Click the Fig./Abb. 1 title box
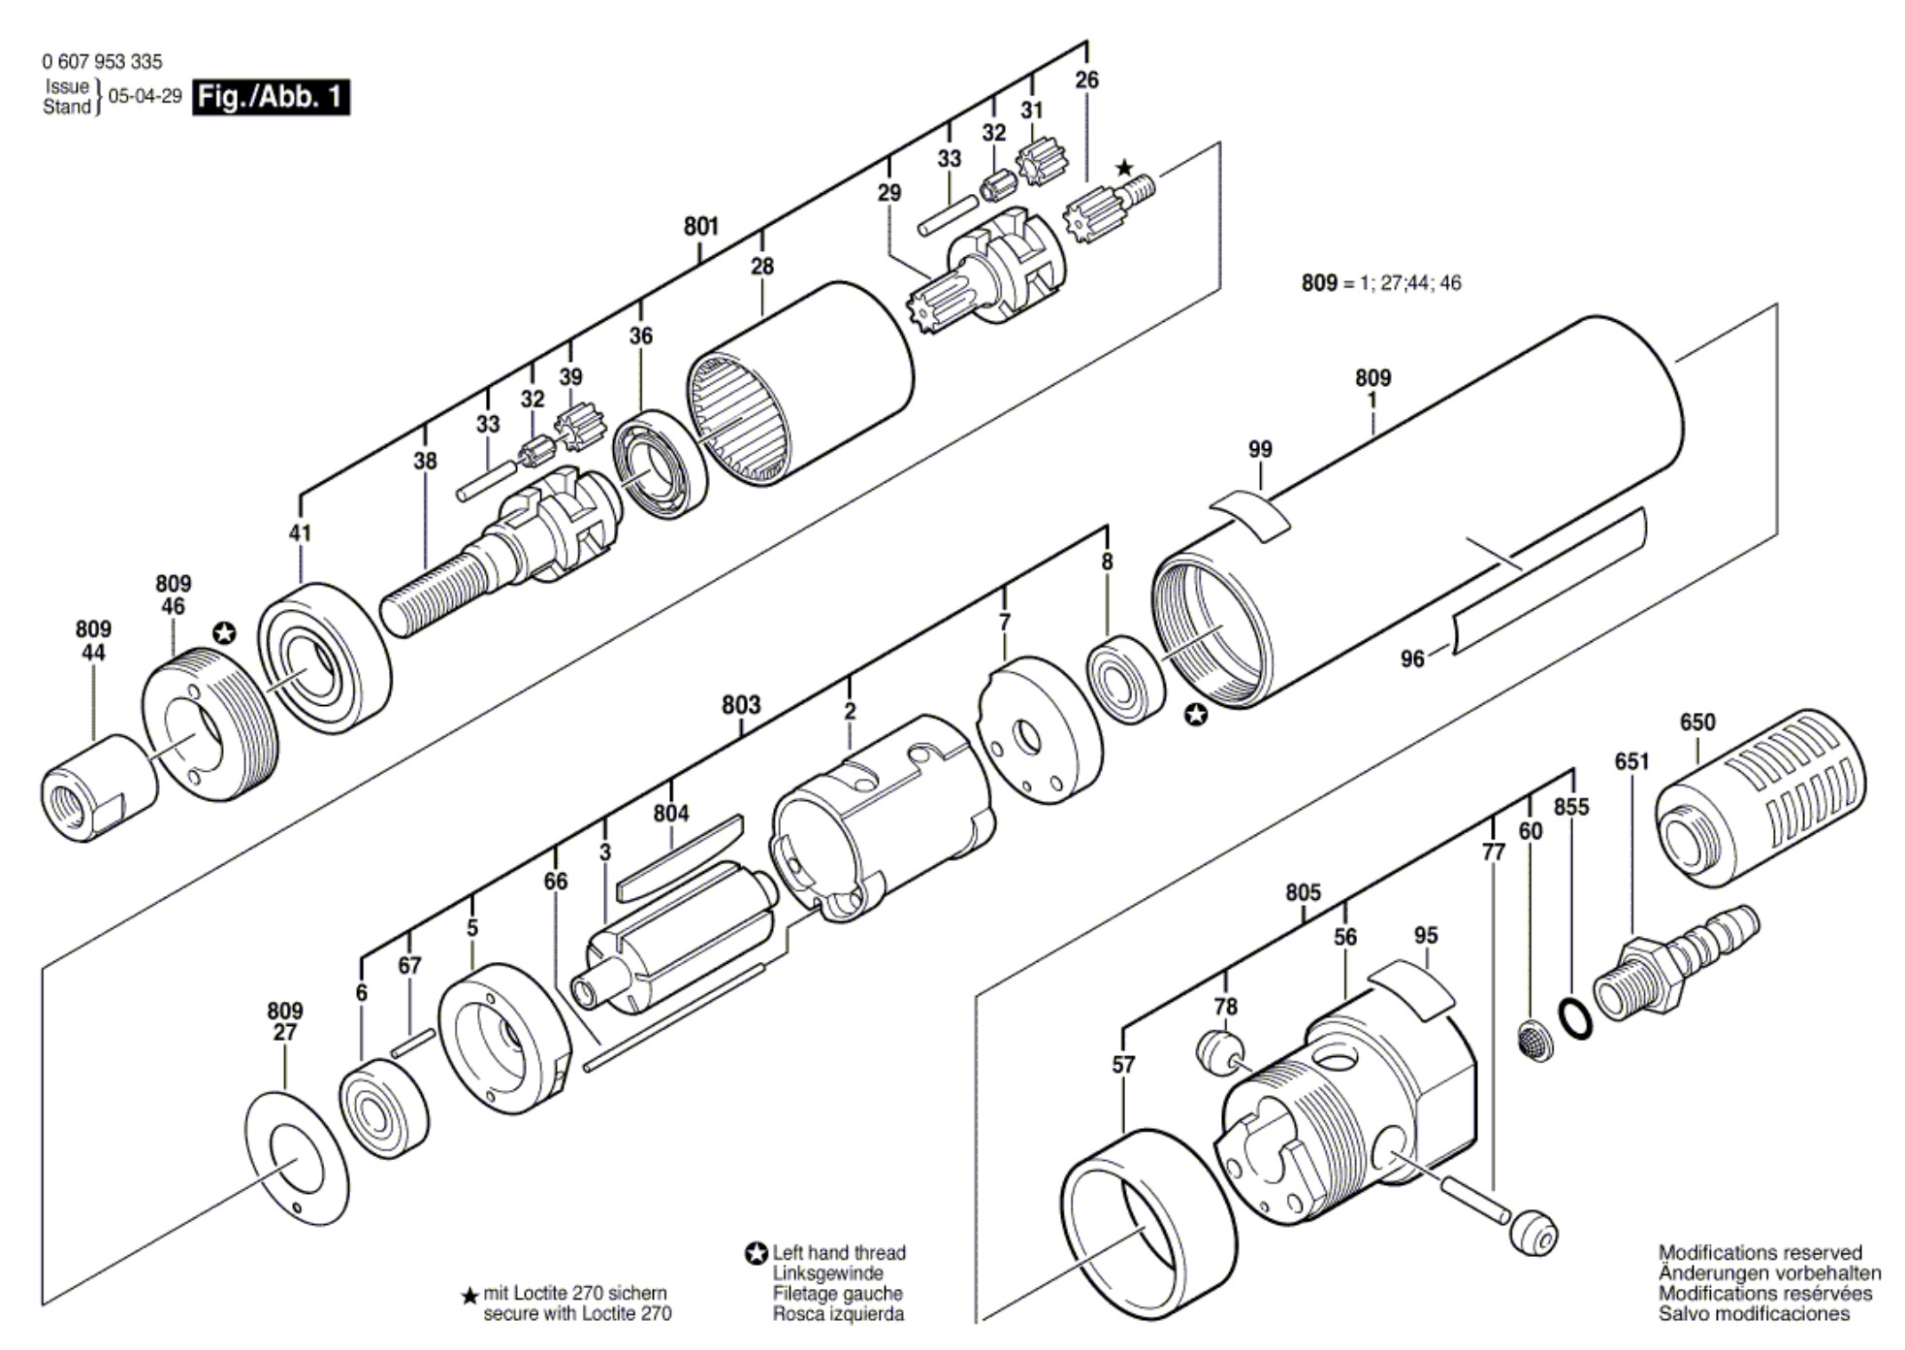pyautogui.click(x=271, y=98)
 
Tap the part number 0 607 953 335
pyautogui.click(x=102, y=62)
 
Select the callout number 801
pyautogui.click(x=701, y=226)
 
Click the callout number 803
pyautogui.click(x=741, y=705)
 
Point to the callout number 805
pyautogui.click(x=1304, y=892)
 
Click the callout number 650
pyautogui.click(x=1697, y=723)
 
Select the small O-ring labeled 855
pyautogui.click(x=1574, y=1019)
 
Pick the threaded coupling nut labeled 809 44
pyautogui.click(x=100, y=787)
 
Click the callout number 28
pyautogui.click(x=762, y=266)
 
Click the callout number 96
pyautogui.click(x=1412, y=659)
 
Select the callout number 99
pyautogui.click(x=1260, y=450)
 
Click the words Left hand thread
pyautogui.click(x=839, y=1253)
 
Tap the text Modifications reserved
pyautogui.click(x=1760, y=1253)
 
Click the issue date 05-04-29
pyautogui.click(x=145, y=97)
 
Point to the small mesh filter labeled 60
pyautogui.click(x=1533, y=1041)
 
